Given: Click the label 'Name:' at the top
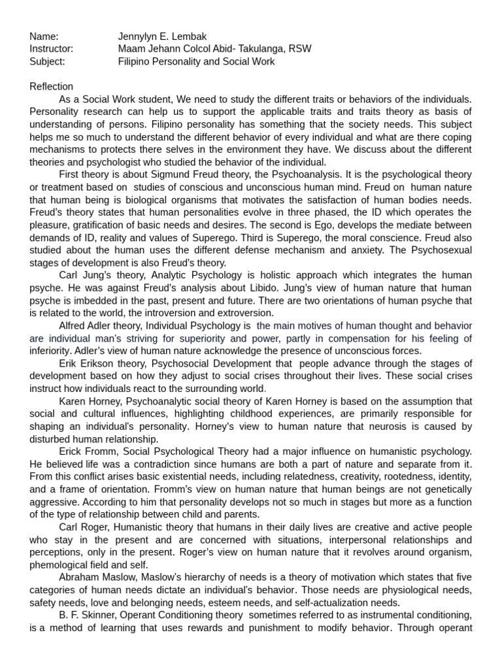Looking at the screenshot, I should pos(44,37).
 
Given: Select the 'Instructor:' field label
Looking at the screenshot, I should pos(51,49).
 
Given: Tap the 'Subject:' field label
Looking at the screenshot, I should pos(47,61).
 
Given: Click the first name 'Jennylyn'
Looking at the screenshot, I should pos(137,37).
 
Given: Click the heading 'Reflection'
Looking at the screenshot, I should pos(52,87).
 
